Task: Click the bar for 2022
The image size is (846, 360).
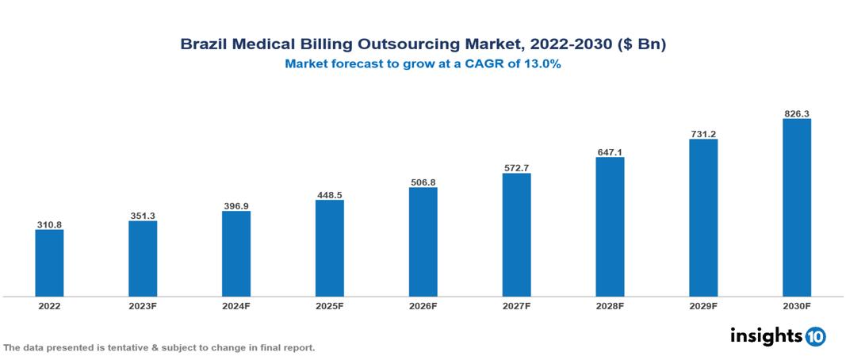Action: coord(49,263)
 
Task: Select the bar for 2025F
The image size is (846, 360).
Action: coord(329,248)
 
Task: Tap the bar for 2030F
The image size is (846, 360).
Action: coord(796,208)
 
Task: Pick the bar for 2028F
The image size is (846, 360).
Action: coord(610,227)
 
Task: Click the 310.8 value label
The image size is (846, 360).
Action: coord(49,225)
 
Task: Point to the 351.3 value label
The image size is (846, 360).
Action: coord(143,216)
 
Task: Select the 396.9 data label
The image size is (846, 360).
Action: coord(236,206)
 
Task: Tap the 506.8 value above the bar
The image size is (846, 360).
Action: coord(423,182)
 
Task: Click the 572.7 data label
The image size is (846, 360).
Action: coord(516,168)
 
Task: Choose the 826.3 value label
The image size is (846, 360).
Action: coord(796,114)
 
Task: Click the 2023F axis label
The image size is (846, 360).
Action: coord(143,305)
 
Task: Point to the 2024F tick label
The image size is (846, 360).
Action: coord(236,305)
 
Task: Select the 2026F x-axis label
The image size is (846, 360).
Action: coord(423,305)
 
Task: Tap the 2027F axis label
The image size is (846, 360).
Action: coord(516,305)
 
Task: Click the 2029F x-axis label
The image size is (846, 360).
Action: coord(703,305)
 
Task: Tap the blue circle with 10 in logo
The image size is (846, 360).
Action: coord(815,336)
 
